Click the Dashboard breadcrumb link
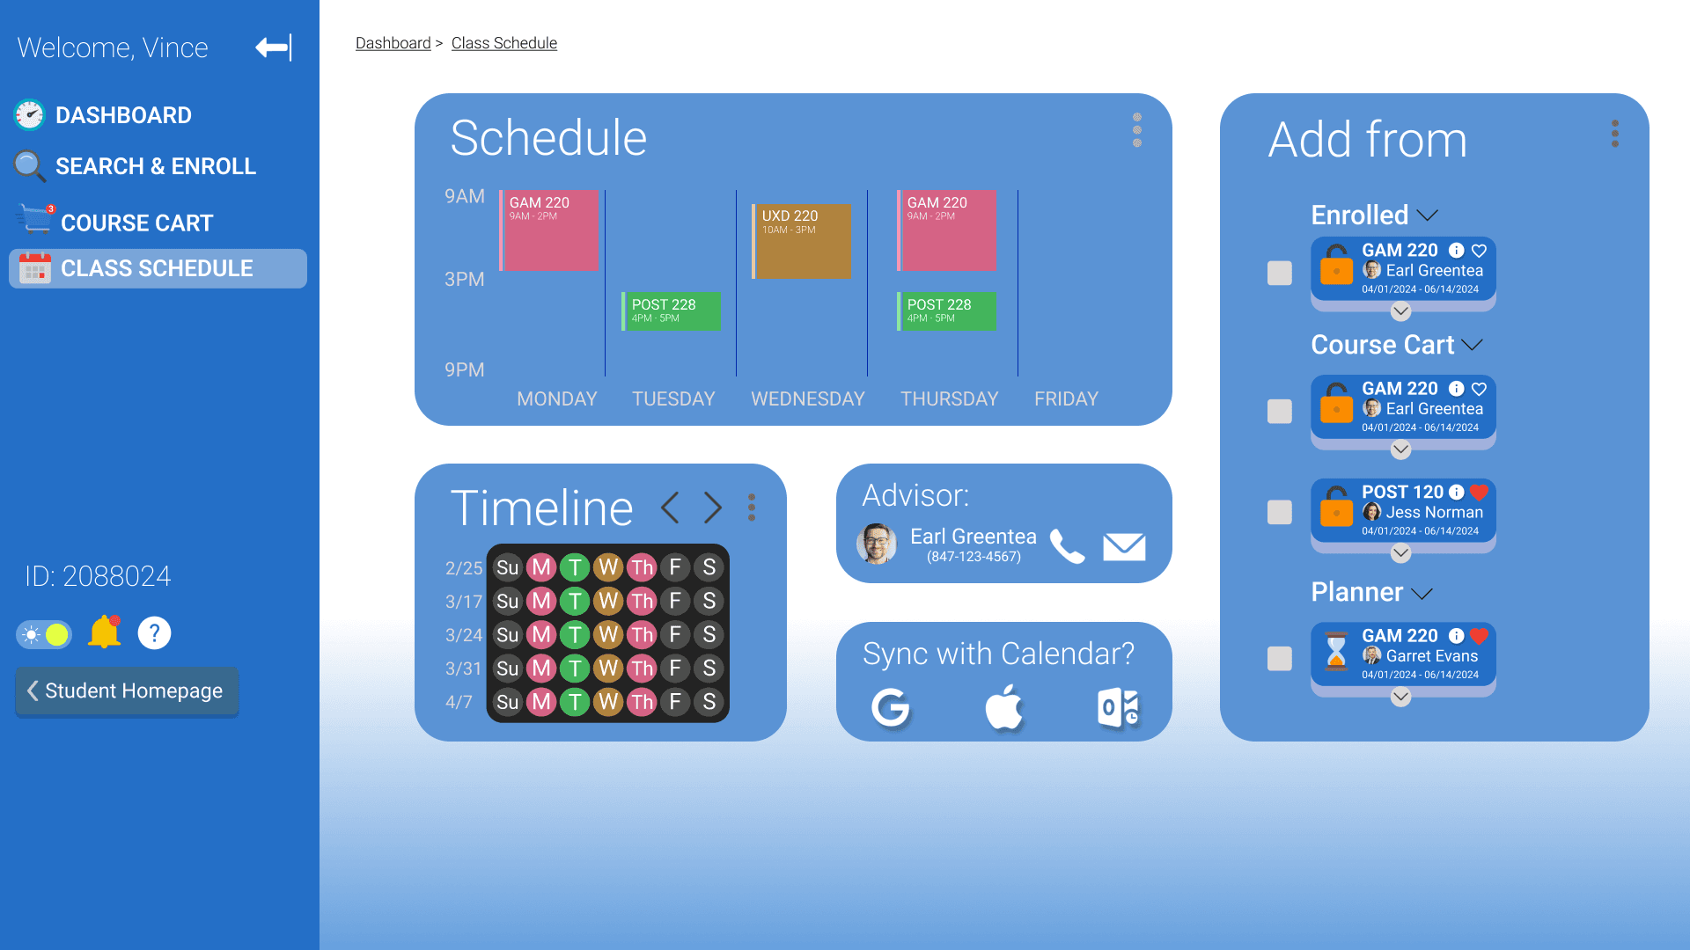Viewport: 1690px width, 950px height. pyautogui.click(x=393, y=43)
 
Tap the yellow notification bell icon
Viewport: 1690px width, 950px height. pyautogui.click(x=105, y=632)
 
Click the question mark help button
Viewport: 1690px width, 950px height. pyautogui.click(x=154, y=633)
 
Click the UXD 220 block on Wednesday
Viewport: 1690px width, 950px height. pyautogui.click(x=802, y=241)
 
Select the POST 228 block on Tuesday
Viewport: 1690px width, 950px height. pyautogui.click(x=672, y=311)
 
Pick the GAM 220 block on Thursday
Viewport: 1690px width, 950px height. pyautogui.click(x=947, y=230)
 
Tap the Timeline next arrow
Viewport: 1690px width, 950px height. pyautogui.click(x=713, y=508)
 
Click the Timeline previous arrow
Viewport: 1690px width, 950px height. pyautogui.click(x=670, y=508)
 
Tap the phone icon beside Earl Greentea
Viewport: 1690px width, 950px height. pyautogui.click(x=1068, y=546)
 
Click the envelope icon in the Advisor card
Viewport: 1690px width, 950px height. pyautogui.click(x=1124, y=546)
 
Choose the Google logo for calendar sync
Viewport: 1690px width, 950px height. pyautogui.click(x=891, y=707)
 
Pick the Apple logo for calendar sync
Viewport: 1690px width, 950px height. pyautogui.click(x=1004, y=707)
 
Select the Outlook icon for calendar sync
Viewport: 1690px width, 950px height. pyautogui.click(x=1119, y=708)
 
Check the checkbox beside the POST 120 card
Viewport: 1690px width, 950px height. pyautogui.click(x=1280, y=512)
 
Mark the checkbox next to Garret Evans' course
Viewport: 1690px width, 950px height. pyautogui.click(x=1280, y=659)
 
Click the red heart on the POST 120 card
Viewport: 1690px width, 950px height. pyautogui.click(x=1479, y=493)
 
